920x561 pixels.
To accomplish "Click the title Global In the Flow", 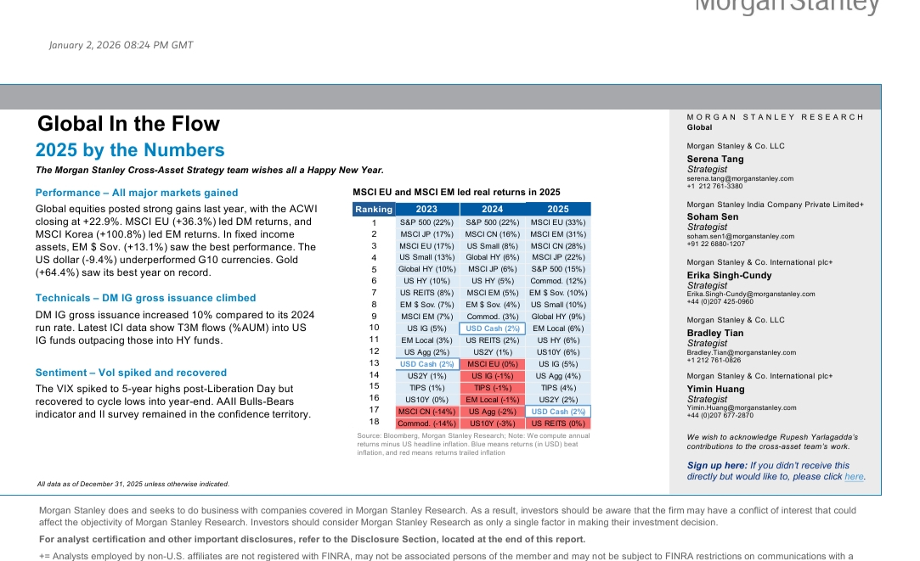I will [x=128, y=124].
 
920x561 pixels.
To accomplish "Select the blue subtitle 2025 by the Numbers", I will [x=130, y=151].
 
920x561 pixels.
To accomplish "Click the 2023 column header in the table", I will [x=426, y=209].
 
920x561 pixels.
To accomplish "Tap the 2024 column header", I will [x=492, y=209].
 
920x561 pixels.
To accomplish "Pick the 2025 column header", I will [x=558, y=209].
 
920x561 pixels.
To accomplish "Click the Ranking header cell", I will [x=374, y=209].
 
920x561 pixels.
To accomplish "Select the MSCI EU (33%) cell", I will [x=558, y=222].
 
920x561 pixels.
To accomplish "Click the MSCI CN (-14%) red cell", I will [x=426, y=411].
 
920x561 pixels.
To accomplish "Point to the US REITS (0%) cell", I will [x=558, y=423].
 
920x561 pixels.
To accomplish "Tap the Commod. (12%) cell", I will [x=558, y=281].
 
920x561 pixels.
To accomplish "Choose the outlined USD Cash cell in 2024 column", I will [x=492, y=328].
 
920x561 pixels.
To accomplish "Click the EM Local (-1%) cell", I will [x=492, y=399].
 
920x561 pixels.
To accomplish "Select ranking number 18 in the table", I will [x=374, y=422].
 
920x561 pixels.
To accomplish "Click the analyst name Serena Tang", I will [x=715, y=159].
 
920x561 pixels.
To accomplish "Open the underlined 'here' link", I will [x=854, y=477].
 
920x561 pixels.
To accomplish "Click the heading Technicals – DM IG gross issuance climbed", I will [x=145, y=298].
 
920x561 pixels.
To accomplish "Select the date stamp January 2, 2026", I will [x=121, y=45].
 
